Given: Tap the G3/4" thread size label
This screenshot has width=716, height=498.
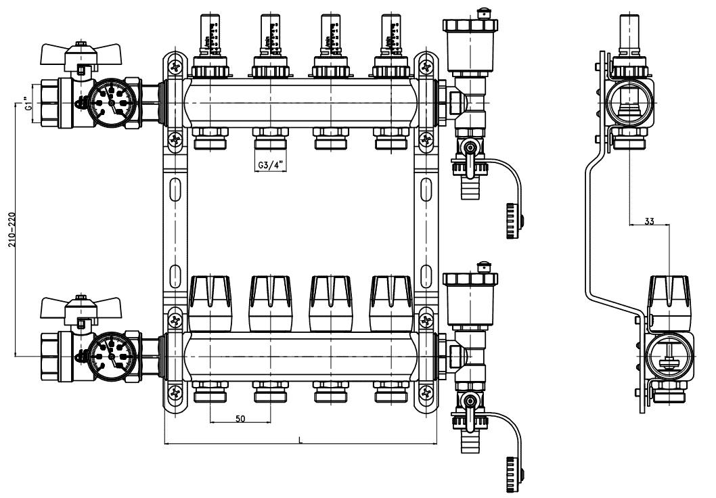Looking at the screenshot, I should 270,165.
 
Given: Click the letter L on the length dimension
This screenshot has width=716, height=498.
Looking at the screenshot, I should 300,440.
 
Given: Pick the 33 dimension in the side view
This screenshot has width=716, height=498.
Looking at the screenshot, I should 649,221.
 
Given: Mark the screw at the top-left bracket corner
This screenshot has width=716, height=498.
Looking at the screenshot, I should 175,67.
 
